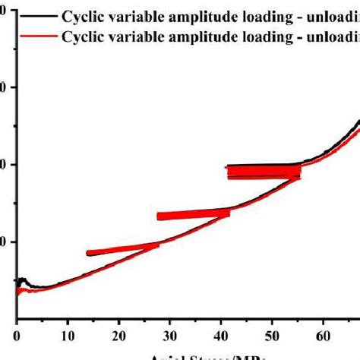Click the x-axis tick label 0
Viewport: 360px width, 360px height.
pyautogui.click(x=16, y=332)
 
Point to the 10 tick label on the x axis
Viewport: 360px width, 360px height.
pyautogui.click(x=68, y=332)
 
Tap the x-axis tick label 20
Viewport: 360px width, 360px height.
pyautogui.click(x=119, y=332)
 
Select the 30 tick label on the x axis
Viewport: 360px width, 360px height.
pyautogui.click(x=170, y=332)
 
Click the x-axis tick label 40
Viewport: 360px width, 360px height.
pyautogui.click(x=222, y=332)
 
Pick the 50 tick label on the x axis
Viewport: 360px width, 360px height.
pyautogui.click(x=273, y=332)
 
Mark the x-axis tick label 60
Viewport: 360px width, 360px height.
pyautogui.click(x=324, y=332)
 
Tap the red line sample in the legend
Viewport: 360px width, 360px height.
pyautogui.click(x=36, y=35)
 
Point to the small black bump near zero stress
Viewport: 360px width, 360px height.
pyautogui.click(x=23, y=281)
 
